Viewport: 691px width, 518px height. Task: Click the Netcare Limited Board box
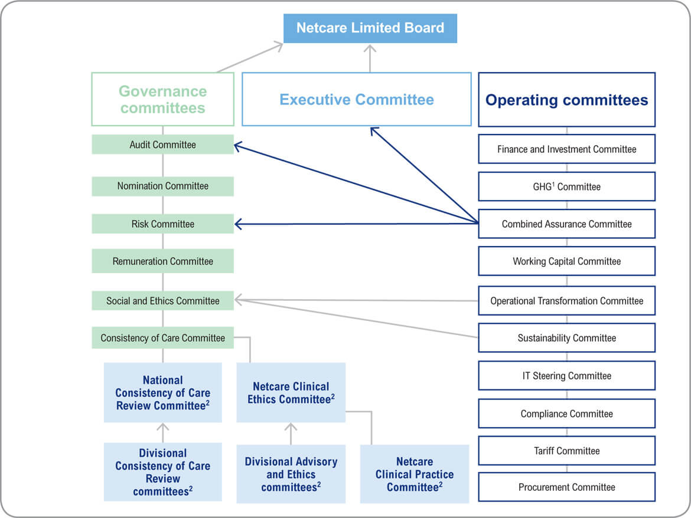point(370,28)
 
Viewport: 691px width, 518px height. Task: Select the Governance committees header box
point(162,99)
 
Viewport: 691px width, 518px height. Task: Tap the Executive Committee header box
point(357,99)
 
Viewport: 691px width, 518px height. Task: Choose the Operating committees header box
point(566,100)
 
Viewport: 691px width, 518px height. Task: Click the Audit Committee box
point(162,145)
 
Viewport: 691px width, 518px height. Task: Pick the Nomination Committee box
point(162,186)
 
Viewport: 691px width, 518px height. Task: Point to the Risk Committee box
point(162,224)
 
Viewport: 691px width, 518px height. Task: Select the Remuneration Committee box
point(162,261)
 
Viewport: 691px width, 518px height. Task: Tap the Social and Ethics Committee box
point(162,301)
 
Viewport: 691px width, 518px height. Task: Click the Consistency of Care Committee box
point(162,338)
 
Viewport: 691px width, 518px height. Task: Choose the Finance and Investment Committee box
point(566,149)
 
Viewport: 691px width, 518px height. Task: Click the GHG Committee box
point(566,186)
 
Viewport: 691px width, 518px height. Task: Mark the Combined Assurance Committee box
point(566,224)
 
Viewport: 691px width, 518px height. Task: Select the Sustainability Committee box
point(566,338)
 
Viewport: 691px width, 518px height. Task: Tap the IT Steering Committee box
point(566,376)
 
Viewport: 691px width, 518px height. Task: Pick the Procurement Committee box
point(566,487)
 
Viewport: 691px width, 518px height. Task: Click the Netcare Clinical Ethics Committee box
point(291,393)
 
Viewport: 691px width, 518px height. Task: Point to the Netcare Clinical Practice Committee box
point(414,474)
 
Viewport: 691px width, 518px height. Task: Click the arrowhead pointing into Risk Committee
point(238,224)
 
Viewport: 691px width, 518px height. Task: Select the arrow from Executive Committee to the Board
point(370,59)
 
